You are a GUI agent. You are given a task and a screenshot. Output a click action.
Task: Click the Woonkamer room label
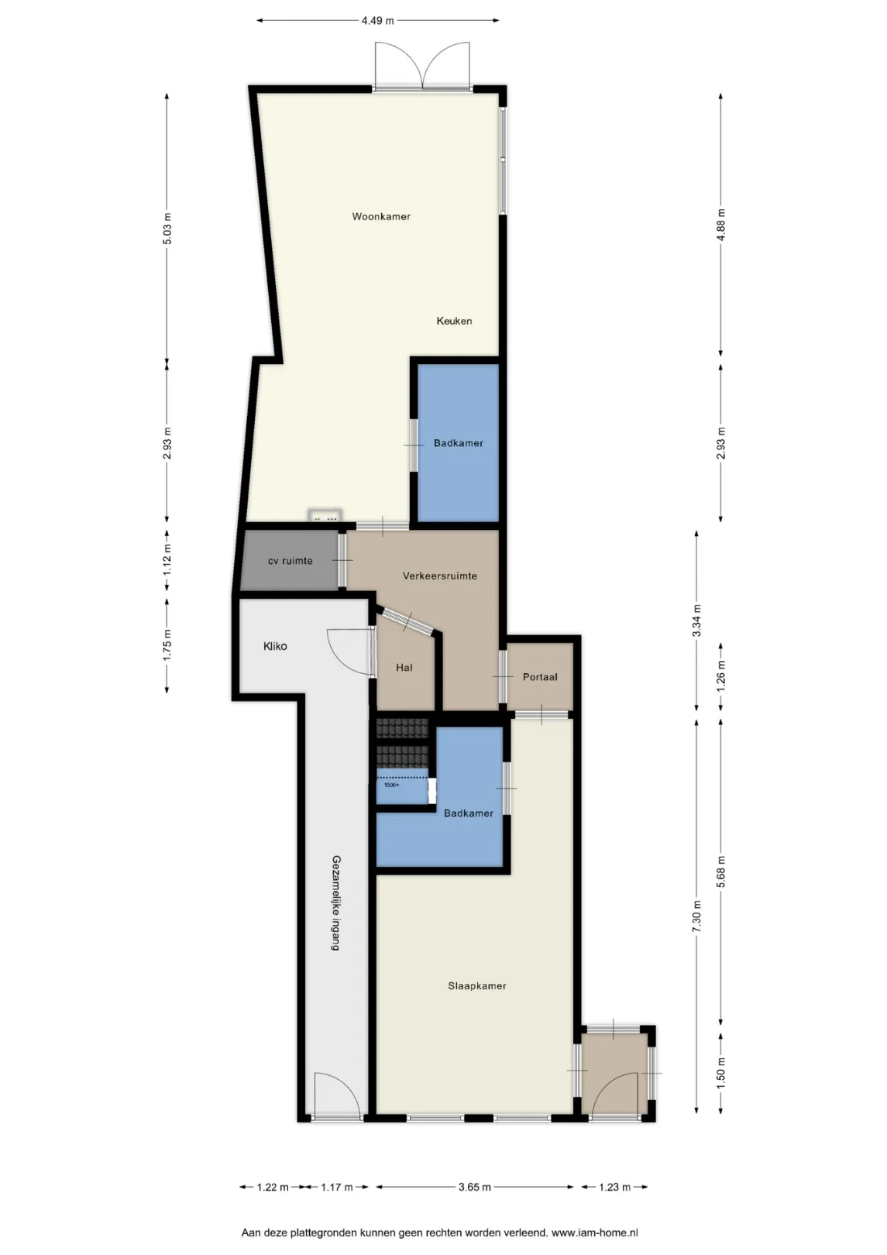(381, 216)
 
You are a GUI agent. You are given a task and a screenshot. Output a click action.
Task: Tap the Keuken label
(454, 321)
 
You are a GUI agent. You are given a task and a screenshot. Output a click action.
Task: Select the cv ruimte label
(290, 561)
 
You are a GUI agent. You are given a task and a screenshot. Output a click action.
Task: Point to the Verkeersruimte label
(440, 576)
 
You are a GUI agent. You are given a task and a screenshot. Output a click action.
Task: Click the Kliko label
(275, 647)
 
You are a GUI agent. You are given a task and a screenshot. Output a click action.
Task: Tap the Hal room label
(404, 668)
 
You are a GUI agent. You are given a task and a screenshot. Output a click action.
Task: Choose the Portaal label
(540, 677)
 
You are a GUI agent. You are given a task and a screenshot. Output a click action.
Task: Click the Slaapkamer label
(477, 986)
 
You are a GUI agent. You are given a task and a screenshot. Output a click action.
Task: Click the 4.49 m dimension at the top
(378, 21)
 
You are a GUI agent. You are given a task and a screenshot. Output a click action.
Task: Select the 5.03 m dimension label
(167, 229)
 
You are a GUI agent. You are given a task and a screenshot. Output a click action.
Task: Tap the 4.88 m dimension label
(721, 225)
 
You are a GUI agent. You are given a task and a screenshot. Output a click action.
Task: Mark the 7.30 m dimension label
(696, 916)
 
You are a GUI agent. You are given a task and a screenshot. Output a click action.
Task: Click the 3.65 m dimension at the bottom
(475, 1187)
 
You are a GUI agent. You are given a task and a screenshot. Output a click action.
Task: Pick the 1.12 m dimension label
(167, 559)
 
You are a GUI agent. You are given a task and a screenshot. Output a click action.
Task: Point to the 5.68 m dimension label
(721, 872)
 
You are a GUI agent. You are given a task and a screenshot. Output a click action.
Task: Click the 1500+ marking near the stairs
(392, 785)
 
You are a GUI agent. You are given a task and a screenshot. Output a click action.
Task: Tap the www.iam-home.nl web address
(594, 1233)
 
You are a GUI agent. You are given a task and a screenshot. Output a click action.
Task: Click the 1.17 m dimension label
(337, 1187)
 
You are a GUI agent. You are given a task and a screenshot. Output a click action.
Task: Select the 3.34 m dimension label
(696, 621)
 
